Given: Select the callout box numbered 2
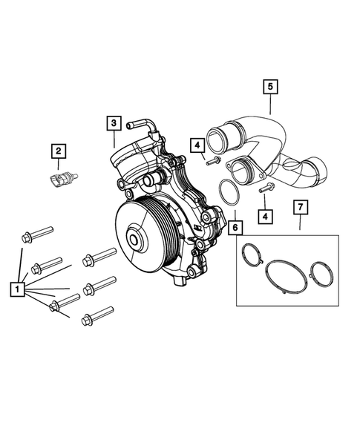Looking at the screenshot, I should (x=58, y=151).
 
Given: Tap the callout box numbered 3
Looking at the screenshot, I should (x=113, y=122).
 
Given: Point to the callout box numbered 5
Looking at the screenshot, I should (x=270, y=87).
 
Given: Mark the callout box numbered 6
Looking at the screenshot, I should (x=235, y=228).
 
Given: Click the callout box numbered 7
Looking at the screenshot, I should (x=299, y=206).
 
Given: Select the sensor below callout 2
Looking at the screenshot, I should (x=60, y=179).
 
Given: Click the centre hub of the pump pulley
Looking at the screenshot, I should (x=136, y=240).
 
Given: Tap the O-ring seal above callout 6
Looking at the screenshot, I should (x=229, y=194).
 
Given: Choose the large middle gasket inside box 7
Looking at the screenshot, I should (x=286, y=273).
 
